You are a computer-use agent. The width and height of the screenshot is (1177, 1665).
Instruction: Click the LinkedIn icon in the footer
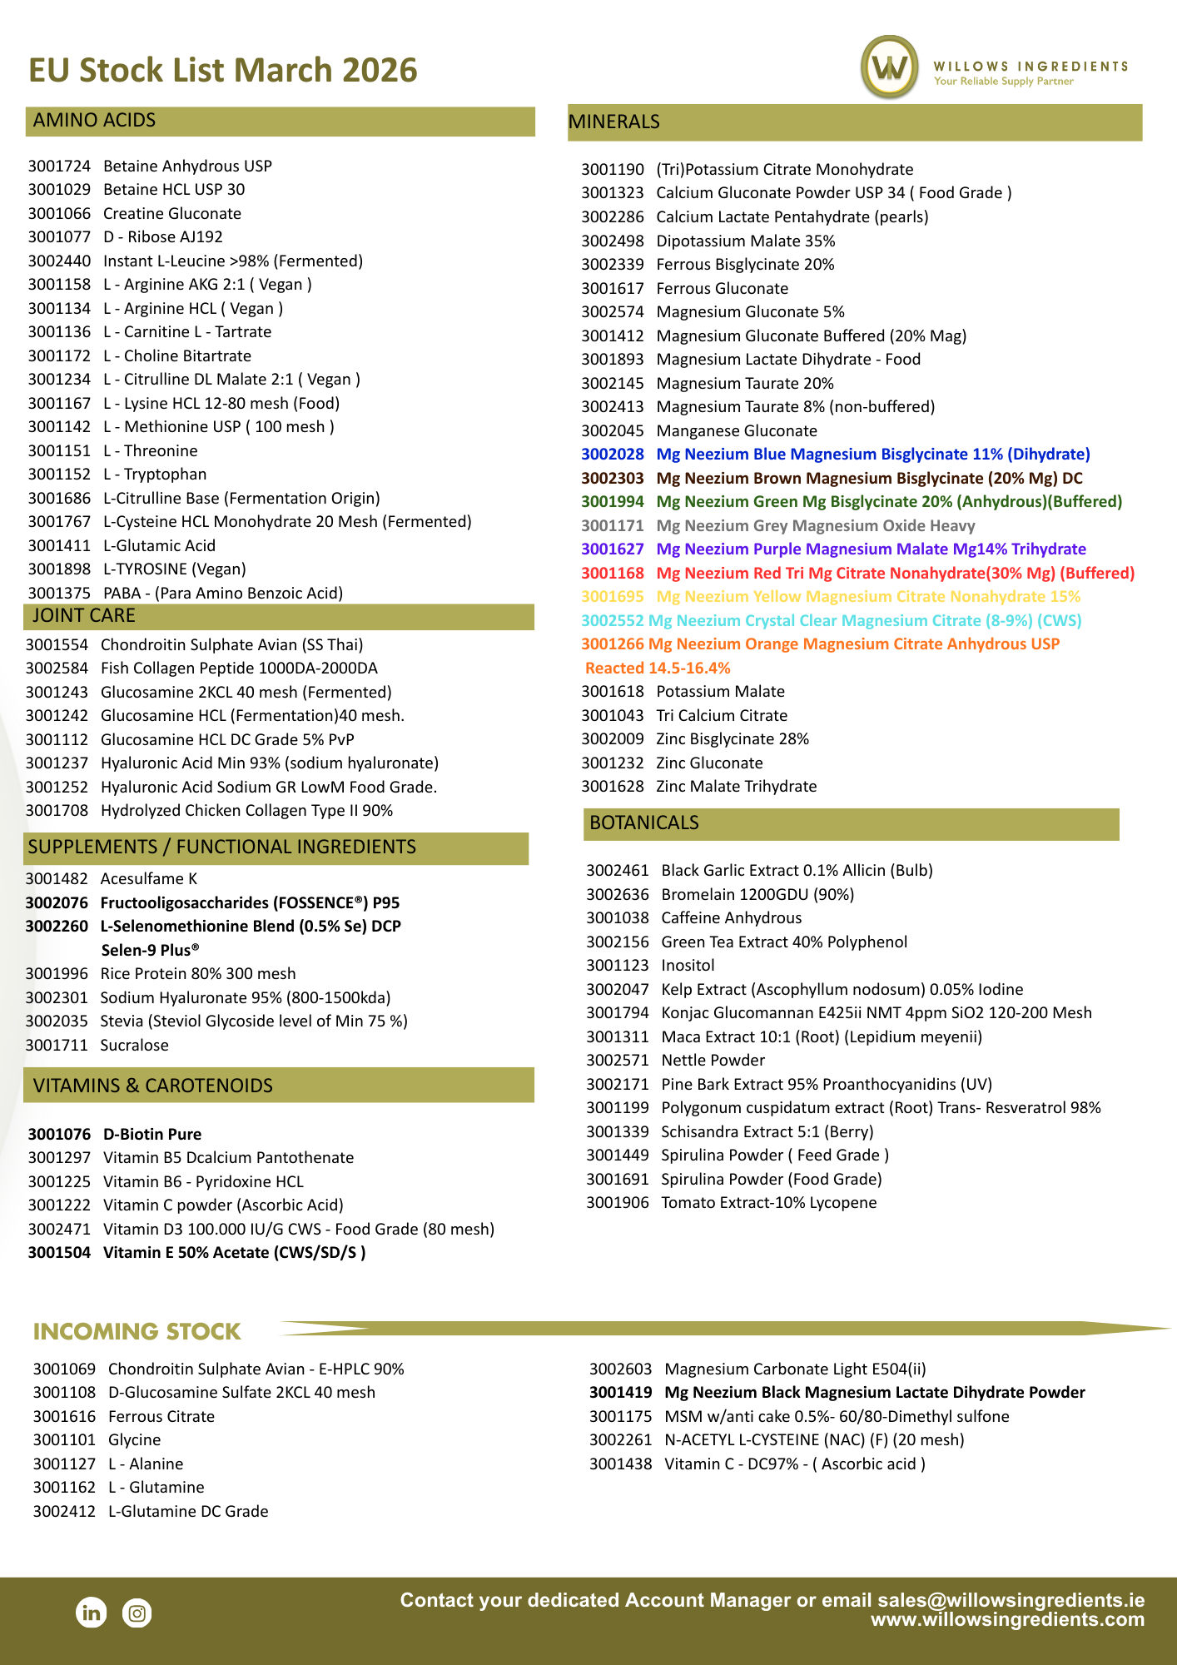[92, 1613]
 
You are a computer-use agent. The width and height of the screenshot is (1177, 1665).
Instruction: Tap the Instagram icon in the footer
[137, 1613]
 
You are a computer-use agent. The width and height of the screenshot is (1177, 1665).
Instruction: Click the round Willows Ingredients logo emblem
[890, 67]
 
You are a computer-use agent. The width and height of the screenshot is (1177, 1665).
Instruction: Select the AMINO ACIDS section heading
[94, 121]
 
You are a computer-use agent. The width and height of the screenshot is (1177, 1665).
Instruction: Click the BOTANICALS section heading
[643, 823]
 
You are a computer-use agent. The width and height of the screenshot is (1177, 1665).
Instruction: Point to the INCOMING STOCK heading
[137, 1332]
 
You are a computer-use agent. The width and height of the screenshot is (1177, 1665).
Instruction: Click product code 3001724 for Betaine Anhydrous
[59, 166]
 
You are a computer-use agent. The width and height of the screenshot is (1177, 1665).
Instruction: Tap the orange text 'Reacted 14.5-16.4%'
[658, 668]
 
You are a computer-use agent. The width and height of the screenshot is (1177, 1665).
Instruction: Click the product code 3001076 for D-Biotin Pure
[59, 1135]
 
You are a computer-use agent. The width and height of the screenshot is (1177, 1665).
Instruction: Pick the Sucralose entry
[134, 1046]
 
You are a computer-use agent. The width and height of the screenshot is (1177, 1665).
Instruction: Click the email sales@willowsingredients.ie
[1011, 1600]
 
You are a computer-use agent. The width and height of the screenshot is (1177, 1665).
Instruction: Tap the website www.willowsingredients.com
[1007, 1620]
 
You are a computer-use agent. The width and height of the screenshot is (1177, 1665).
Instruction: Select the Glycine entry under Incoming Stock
[134, 1440]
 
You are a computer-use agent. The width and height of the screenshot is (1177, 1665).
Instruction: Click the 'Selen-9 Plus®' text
[150, 951]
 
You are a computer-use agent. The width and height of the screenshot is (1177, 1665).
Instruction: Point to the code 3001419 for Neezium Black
[620, 1393]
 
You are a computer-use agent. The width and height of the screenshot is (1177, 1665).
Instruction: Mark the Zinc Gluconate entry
[709, 763]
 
